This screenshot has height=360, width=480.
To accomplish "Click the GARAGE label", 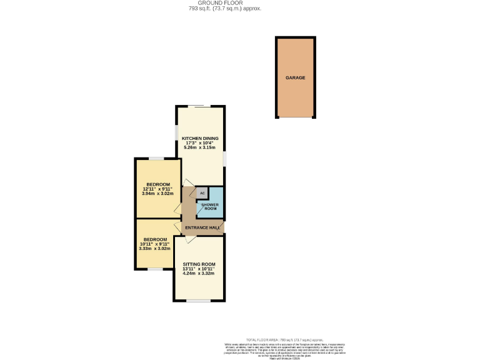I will coord(296,78).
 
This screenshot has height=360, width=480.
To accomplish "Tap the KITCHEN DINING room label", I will coord(200,137).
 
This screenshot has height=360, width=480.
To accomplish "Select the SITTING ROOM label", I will coord(199,264).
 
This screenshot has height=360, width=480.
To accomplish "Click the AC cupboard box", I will coord(202,193).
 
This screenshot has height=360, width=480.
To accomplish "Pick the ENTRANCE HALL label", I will coord(202,228).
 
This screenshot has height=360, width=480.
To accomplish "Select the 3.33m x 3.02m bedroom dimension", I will coord(154,249).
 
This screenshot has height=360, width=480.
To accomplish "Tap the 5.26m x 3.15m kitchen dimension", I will coord(200,147).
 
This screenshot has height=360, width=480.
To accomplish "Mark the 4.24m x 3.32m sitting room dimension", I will coord(199,274).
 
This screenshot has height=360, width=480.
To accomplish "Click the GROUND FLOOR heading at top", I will coord(224,3).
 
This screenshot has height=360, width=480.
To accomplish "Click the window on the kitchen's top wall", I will coord(201,106).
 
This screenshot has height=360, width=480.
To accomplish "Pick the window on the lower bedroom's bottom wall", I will coord(156,269).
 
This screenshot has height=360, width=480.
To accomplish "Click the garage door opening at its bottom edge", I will coord(296,117).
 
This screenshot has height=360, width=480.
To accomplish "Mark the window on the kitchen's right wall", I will coord(225,159).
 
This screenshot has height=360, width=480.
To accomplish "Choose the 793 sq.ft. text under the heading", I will coord(224,9).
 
